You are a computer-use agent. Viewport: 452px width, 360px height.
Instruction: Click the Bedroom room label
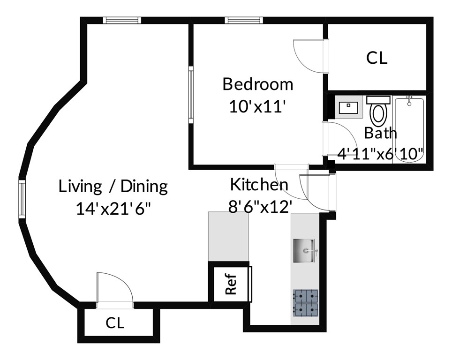(258, 84)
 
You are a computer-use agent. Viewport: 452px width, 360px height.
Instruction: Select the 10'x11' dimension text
(258, 107)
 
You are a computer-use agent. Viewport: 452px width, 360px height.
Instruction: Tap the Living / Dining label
(113, 186)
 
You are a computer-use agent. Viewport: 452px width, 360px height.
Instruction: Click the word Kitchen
(259, 184)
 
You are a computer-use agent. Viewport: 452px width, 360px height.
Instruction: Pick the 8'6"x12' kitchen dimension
(261, 206)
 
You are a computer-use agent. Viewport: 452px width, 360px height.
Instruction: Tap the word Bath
(380, 133)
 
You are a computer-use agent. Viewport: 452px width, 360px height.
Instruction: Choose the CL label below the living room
(115, 323)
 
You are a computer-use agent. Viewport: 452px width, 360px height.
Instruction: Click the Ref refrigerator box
(230, 284)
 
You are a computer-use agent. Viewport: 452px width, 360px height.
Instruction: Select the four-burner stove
(305, 303)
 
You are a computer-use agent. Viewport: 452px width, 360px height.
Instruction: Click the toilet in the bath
(378, 110)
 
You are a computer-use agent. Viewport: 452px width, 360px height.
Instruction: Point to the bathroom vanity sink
(348, 107)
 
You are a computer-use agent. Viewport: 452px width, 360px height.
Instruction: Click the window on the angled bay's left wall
(22, 199)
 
